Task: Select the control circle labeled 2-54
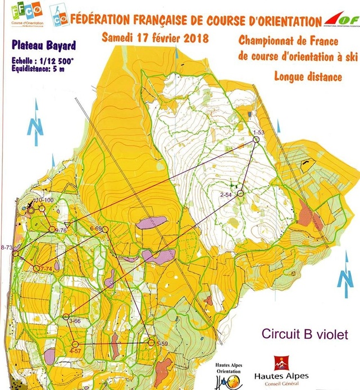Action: tap(240, 194)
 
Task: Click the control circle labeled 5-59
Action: tap(150, 342)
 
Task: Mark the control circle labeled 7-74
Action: tap(36, 269)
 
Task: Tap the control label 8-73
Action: tap(7, 248)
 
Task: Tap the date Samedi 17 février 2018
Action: tap(155, 39)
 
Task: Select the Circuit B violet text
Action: tap(304, 334)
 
